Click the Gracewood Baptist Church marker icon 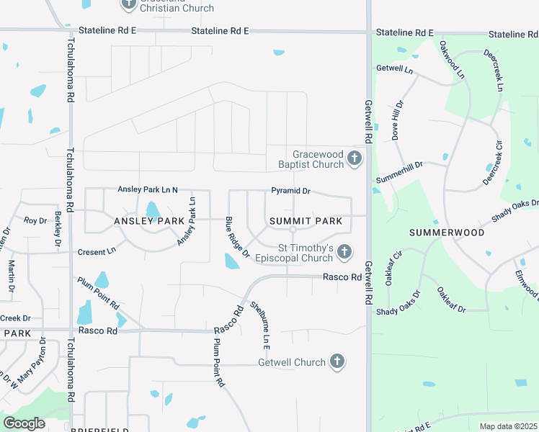(354, 158)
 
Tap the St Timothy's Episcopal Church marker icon (344, 251)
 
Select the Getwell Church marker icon (337, 361)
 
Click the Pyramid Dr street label (290, 192)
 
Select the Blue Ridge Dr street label (237, 238)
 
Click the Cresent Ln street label (97, 252)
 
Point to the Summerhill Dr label (399, 164)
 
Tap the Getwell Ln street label (394, 69)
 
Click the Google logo (24, 423)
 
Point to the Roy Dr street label (35, 220)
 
